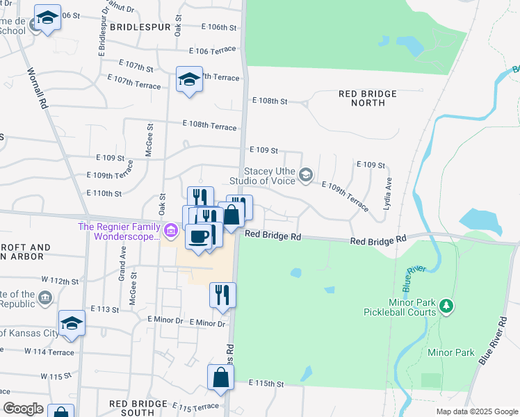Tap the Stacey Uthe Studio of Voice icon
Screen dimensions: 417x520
point(305,174)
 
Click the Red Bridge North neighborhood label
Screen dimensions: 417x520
point(367,98)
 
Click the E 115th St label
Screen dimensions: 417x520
point(267,384)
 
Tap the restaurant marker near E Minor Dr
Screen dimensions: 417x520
point(222,294)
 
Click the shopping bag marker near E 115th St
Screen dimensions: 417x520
point(220,379)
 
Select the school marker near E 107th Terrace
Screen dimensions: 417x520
point(188,79)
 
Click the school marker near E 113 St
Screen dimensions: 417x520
point(72,323)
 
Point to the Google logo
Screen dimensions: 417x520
point(23,409)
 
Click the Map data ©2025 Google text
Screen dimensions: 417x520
point(476,411)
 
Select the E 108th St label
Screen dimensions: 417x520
point(270,101)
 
